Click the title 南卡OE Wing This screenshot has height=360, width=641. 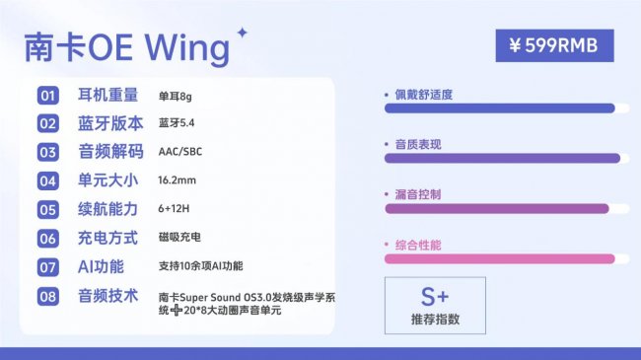(125, 47)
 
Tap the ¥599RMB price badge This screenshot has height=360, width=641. (554, 45)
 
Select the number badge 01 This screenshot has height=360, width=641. (48, 96)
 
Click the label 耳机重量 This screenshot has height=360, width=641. (107, 96)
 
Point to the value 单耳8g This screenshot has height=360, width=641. (177, 97)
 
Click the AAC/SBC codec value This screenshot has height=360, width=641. (179, 153)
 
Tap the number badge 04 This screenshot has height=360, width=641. (48, 181)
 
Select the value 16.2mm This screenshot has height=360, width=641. (178, 181)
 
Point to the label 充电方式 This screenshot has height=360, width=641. (107, 239)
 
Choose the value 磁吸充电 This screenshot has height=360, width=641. (178, 239)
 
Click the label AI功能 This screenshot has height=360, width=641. (101, 266)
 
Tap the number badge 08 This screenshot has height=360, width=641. (48, 296)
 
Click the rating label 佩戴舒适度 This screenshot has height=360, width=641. (424, 95)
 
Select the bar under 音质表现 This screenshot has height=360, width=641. (501, 158)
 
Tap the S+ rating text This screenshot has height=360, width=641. (434, 295)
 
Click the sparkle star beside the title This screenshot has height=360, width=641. (243, 34)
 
